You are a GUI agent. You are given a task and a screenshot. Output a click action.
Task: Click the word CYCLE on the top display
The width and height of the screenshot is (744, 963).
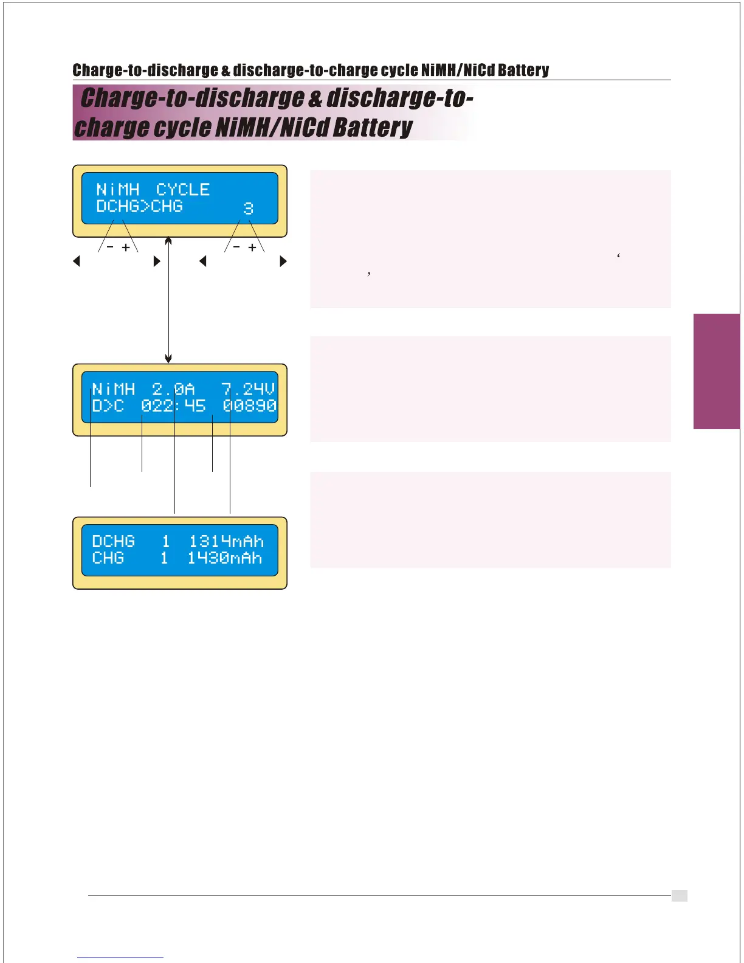point(183,190)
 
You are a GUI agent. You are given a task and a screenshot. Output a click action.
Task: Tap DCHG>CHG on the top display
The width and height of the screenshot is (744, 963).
point(139,207)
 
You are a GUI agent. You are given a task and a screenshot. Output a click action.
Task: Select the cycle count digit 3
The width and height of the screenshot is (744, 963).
point(248,209)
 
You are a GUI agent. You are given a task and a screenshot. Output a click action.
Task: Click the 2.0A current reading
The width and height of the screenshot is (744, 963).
point(173,389)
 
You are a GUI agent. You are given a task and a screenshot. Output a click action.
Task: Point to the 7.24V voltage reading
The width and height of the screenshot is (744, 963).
point(248,389)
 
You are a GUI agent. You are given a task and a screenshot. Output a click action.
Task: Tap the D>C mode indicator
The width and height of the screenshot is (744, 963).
point(108,406)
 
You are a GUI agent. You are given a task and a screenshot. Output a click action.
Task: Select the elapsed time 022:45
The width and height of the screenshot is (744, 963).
point(173,406)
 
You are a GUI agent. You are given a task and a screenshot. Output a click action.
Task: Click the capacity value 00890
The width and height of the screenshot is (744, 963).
point(249,406)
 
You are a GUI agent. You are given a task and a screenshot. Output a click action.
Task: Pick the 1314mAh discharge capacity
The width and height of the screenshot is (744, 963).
point(226,541)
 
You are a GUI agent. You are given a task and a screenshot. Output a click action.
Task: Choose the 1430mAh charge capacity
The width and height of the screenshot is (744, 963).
point(225,558)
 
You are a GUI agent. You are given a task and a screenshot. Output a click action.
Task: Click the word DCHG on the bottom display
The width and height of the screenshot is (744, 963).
point(113,541)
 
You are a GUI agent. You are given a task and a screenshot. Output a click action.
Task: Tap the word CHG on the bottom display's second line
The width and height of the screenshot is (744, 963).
point(108,558)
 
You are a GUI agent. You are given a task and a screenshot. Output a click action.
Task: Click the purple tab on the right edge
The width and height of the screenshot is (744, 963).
point(717,371)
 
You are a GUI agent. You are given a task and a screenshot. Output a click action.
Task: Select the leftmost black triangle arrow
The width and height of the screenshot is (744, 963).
point(77,261)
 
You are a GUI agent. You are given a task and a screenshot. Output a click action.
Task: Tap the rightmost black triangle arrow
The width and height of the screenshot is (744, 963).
point(283,261)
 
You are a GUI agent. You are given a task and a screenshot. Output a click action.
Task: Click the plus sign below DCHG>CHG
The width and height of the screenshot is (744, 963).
point(126,247)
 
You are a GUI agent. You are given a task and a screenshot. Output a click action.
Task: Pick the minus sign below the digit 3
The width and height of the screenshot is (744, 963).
point(236,247)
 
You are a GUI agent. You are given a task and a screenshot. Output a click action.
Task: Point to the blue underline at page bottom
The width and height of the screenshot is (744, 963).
point(120,958)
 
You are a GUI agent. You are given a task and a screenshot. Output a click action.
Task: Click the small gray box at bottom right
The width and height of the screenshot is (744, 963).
point(679,896)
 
